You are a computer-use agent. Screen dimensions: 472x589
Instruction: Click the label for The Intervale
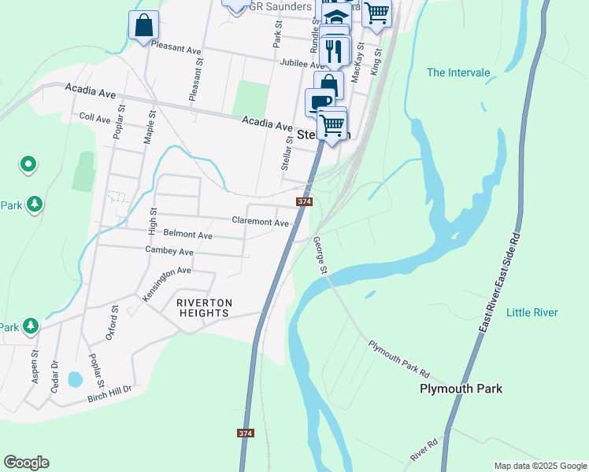458,73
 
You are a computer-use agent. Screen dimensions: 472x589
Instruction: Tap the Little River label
532,312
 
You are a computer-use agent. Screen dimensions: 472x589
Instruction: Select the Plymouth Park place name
461,389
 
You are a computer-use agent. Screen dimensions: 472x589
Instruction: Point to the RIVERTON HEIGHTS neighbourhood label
203,308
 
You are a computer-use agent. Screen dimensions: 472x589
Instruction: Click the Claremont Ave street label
260,222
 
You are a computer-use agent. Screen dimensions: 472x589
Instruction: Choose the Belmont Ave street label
187,234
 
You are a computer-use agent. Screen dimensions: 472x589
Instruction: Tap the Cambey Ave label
169,251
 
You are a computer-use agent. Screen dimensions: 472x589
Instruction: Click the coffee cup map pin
320,101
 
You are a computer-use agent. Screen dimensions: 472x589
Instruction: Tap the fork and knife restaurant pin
335,51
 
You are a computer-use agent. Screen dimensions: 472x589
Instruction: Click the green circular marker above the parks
28,164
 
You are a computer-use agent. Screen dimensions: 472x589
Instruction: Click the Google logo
26,463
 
